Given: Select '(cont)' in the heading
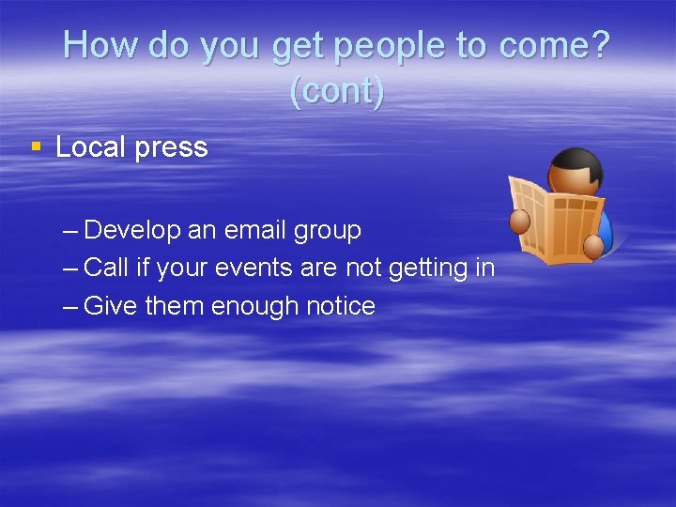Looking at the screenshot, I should click(x=337, y=91).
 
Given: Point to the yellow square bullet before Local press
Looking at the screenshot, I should click(x=36, y=146).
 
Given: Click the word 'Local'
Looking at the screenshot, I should click(x=90, y=147).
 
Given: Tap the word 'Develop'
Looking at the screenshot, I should click(x=131, y=231).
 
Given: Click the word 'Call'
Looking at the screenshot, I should click(x=106, y=268).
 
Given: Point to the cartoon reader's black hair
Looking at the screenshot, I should click(x=576, y=162).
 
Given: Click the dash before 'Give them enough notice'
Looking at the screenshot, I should click(x=71, y=306).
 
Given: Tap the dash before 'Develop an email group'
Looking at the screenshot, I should click(x=71, y=230).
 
